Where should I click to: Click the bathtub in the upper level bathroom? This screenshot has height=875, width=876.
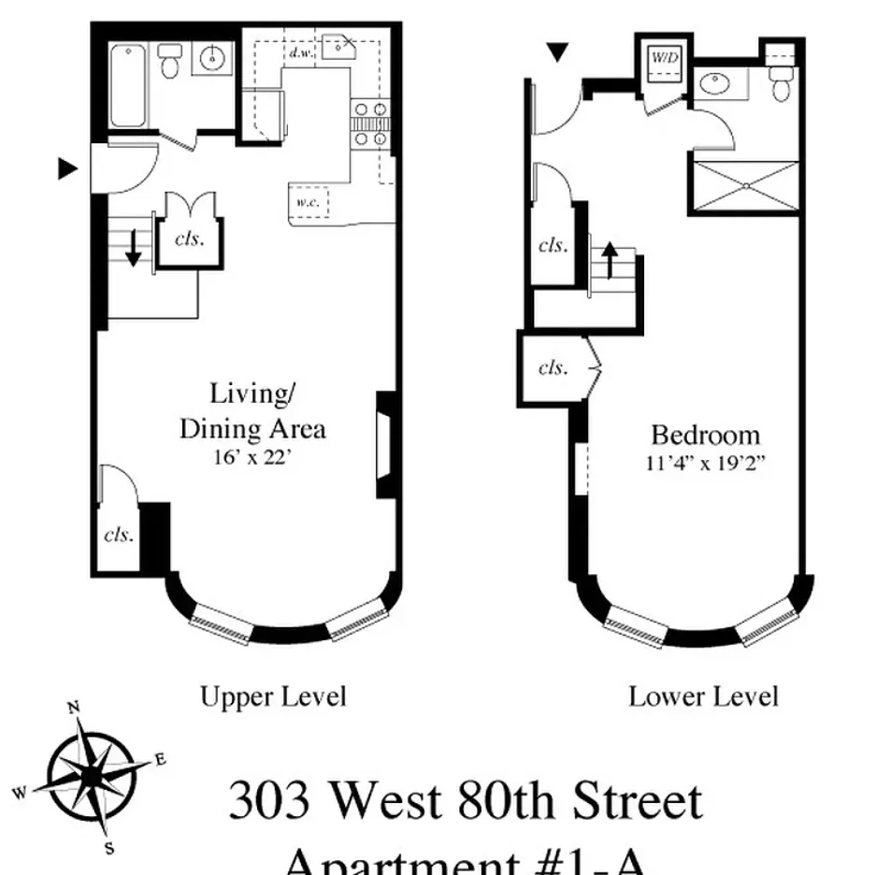pyautogui.click(x=128, y=86)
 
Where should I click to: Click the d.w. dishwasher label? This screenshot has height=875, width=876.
pyautogui.click(x=300, y=53)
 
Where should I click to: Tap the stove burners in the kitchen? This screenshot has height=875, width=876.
pyautogui.click(x=368, y=126)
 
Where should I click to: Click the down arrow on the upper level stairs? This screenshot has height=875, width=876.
pyautogui.click(x=134, y=247)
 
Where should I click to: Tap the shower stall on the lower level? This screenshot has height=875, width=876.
pyautogui.click(x=745, y=186)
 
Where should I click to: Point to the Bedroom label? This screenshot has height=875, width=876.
pyautogui.click(x=705, y=435)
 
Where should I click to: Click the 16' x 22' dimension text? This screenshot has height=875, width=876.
pyautogui.click(x=252, y=458)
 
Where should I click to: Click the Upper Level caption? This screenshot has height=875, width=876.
pyautogui.click(x=273, y=696)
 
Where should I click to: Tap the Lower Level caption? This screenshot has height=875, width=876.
pyautogui.click(x=703, y=696)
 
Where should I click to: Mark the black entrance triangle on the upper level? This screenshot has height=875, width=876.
pyautogui.click(x=66, y=168)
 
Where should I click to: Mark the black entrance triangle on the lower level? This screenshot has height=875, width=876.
pyautogui.click(x=558, y=52)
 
